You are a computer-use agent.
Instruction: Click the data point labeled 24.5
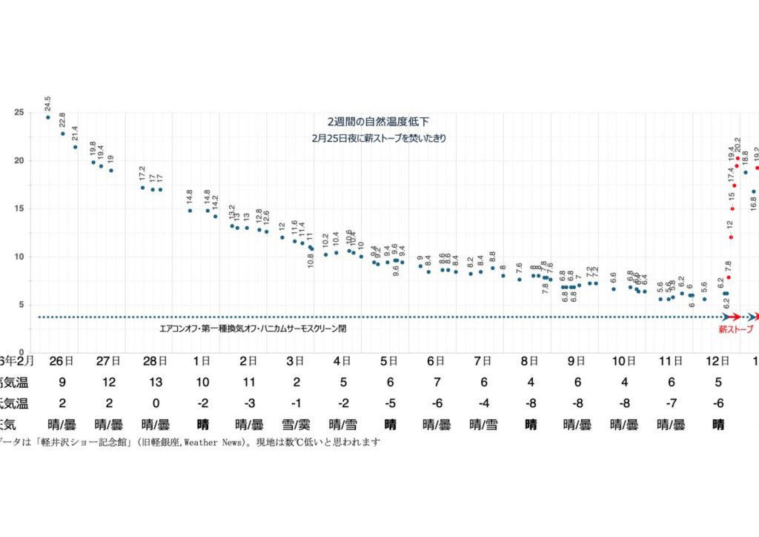coord(48,117)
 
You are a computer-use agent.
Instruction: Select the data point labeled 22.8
coord(63,134)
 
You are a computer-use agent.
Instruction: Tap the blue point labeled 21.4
coord(75,147)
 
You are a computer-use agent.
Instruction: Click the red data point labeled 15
coord(732,208)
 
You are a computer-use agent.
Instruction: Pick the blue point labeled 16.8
coord(753,191)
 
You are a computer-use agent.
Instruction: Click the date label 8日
coord(529,362)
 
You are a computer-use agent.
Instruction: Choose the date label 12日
coord(717,362)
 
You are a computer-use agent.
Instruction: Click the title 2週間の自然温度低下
coord(379,121)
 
